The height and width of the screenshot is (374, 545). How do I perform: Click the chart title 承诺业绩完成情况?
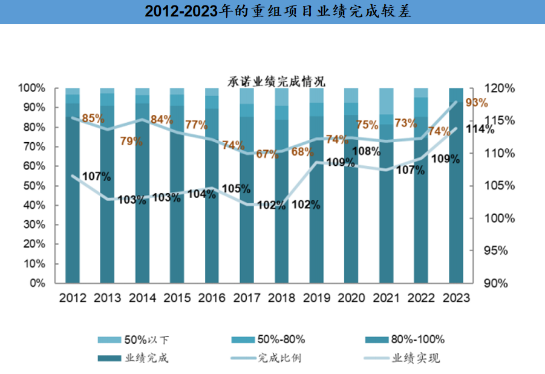tap(276, 81)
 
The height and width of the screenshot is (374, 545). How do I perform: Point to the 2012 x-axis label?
tap(73, 298)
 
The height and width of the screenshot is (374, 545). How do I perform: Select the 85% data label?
tap(93, 119)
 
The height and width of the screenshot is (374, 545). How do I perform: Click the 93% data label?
tap(476, 102)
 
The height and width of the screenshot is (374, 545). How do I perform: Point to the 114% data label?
tap(480, 130)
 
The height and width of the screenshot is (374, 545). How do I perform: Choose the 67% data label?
tap(267, 154)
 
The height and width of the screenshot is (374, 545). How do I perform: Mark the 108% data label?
tap(366, 151)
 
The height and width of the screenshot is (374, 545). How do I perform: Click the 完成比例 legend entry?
tap(279, 358)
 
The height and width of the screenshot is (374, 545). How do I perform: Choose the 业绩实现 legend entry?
tap(416, 358)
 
